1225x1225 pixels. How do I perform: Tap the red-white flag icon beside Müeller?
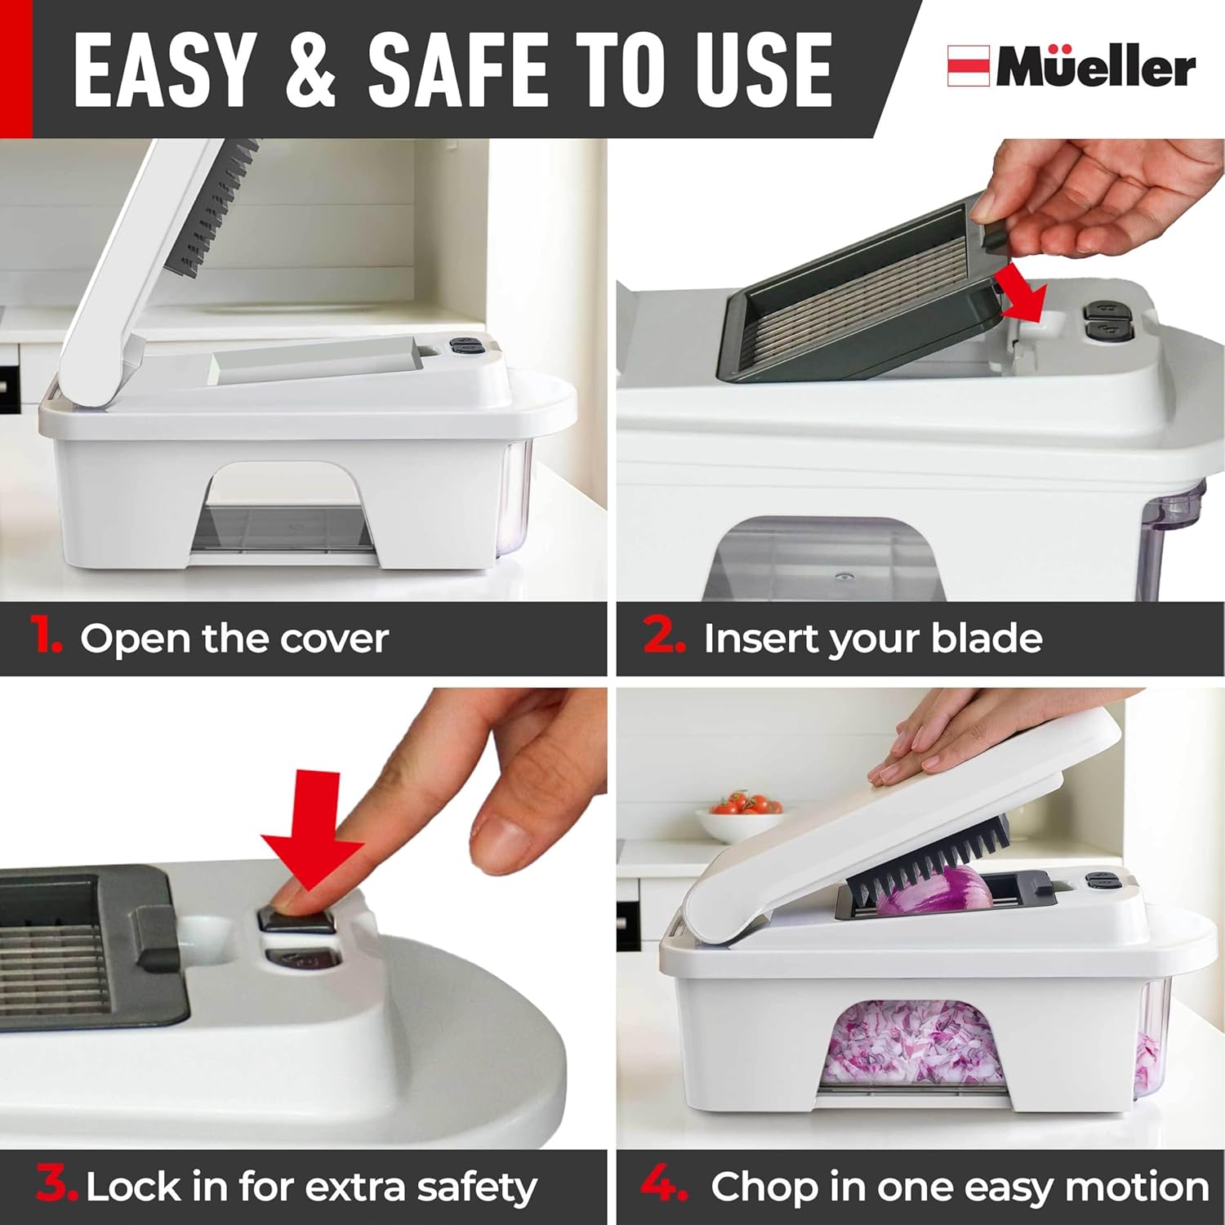968,66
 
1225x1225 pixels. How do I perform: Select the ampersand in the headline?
311,72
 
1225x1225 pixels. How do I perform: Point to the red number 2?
663,635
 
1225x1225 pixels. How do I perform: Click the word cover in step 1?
334,639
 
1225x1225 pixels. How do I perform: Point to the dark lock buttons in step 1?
466,346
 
